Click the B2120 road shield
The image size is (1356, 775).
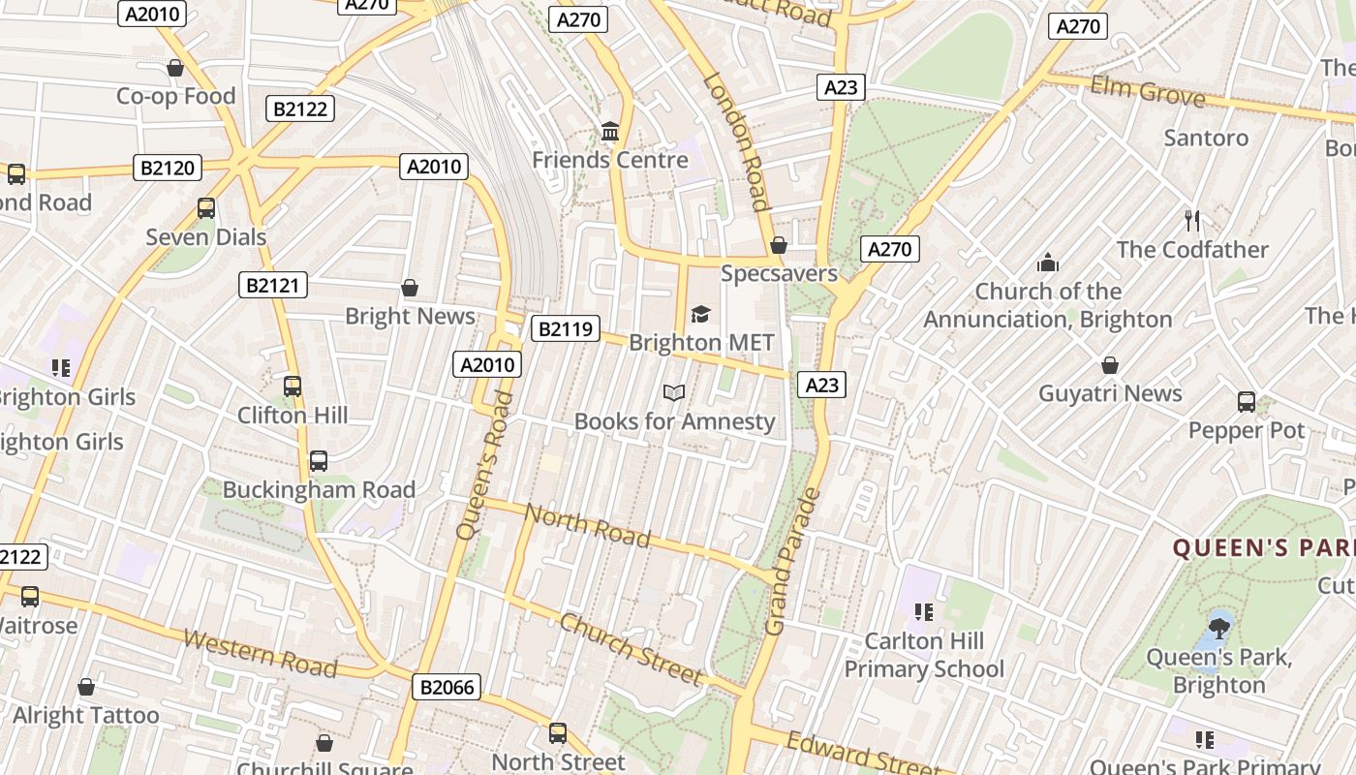[x=168, y=168]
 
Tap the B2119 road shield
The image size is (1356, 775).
[x=565, y=329]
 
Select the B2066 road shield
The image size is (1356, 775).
[x=447, y=688]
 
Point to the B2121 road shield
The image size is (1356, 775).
[x=273, y=285]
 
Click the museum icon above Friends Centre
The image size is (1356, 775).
[x=610, y=131]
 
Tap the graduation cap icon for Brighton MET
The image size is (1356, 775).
[x=700, y=314]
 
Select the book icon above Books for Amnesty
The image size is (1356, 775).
[x=674, y=392]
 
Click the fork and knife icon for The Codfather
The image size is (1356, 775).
[x=1192, y=221]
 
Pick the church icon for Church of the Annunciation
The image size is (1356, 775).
[x=1047, y=263]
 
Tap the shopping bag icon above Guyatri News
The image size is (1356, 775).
[x=1110, y=365]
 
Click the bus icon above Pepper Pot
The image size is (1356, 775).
[x=1247, y=401]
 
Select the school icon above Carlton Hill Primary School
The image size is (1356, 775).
[x=923, y=612]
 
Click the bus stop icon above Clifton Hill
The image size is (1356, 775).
[x=293, y=387]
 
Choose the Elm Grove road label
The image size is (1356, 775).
[x=1148, y=93]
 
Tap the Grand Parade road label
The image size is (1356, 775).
[x=792, y=562]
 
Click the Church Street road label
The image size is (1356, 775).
[x=630, y=649]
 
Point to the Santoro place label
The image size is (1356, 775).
[x=1206, y=138]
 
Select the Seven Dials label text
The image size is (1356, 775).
[x=205, y=236]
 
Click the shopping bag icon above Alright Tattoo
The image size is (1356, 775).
[x=86, y=687]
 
